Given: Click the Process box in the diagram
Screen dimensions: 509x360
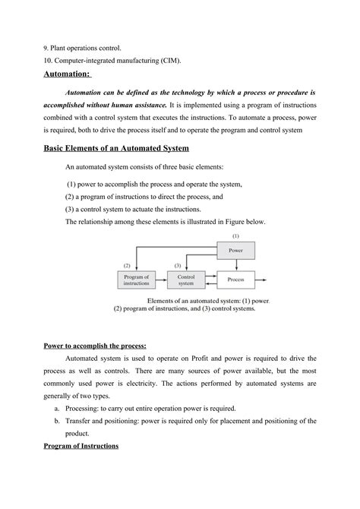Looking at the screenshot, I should tap(235, 280).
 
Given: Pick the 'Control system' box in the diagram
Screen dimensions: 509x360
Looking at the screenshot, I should tap(186, 280).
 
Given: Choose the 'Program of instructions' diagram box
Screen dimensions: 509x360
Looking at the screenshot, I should tap(137, 280).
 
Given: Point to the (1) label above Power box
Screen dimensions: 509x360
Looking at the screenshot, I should tap(235, 236).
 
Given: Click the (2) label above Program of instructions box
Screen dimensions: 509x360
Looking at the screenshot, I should tap(127, 266).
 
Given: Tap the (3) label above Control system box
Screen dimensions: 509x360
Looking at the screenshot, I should tap(177, 266).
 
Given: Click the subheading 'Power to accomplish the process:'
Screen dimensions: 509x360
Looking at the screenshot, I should tap(94, 346).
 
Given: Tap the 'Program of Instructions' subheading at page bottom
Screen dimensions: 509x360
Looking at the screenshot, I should tap(81, 445).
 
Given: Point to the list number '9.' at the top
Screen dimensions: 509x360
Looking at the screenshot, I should tap(46, 48).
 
